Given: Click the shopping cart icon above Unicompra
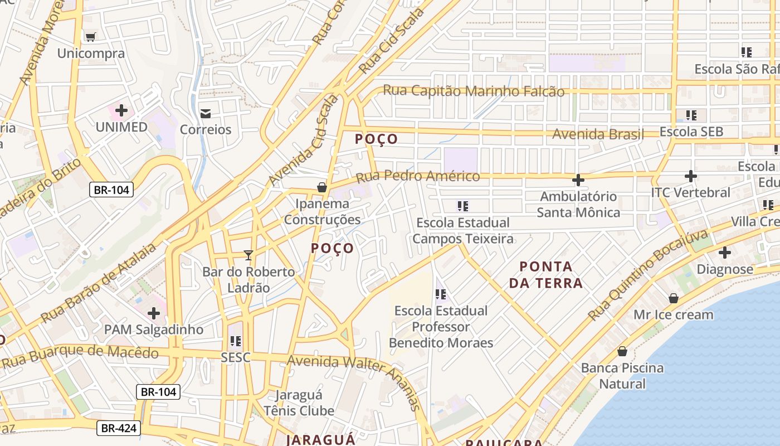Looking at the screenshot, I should [90, 37].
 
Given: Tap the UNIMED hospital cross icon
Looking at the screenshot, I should [121, 110].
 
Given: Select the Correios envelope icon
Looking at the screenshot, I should [206, 114].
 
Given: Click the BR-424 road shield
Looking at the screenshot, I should [118, 428].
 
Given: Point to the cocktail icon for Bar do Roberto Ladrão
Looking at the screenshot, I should [248, 255].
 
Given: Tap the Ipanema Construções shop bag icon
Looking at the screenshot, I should [321, 187].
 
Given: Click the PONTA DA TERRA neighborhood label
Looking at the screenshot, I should [545, 274].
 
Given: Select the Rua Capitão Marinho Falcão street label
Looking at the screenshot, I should [474, 91].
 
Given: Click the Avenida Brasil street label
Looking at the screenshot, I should [597, 134].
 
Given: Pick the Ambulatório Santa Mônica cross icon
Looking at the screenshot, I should [578, 180].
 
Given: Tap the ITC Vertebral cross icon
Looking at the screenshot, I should [690, 176].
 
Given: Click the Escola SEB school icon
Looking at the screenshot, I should [691, 115].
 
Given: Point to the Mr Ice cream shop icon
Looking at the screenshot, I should [673, 298].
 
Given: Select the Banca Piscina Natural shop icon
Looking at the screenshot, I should [622, 351].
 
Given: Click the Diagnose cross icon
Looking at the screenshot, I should [724, 253].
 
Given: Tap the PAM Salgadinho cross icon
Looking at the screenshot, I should [153, 313].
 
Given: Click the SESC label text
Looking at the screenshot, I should [235, 357].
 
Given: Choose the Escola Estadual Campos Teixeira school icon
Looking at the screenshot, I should [462, 206].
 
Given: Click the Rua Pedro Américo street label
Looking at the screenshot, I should [417, 177].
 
